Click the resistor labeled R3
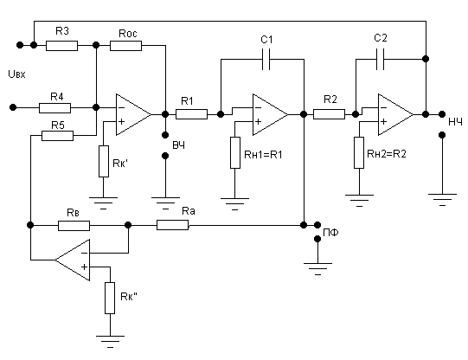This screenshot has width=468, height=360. [61, 46]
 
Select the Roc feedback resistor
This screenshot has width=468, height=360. [125, 46]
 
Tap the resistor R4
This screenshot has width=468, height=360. [54, 108]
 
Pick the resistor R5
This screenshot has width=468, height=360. [57, 136]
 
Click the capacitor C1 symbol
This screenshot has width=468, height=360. [266, 59]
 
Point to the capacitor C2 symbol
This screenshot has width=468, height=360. [380, 59]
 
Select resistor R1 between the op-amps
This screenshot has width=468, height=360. [191, 114]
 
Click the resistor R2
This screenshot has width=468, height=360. [330, 114]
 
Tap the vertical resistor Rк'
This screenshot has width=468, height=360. [104, 161]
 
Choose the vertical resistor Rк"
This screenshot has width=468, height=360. [110, 298]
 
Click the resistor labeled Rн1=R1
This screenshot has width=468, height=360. [235, 152]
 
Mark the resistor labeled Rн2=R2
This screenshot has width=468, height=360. [359, 152]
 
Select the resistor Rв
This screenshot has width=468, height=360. [74, 226]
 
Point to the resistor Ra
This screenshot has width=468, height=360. [172, 225]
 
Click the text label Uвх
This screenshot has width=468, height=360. [16, 74]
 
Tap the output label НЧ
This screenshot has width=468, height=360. [456, 122]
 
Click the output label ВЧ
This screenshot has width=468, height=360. [179, 145]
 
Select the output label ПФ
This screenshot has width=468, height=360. [330, 233]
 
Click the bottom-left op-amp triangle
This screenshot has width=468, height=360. [72, 260]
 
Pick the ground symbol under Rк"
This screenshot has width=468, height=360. [110, 342]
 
